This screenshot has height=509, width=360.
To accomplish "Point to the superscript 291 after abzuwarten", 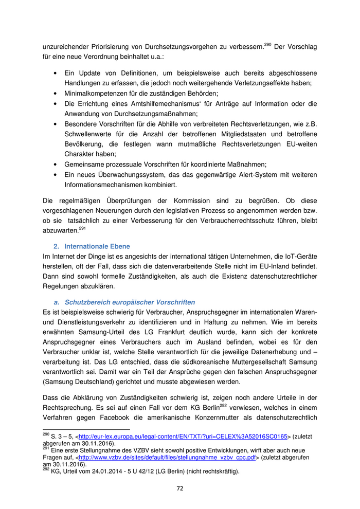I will pyautogui.click(x=82, y=228).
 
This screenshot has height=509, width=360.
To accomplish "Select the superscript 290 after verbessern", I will pyautogui.click(x=267, y=45).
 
